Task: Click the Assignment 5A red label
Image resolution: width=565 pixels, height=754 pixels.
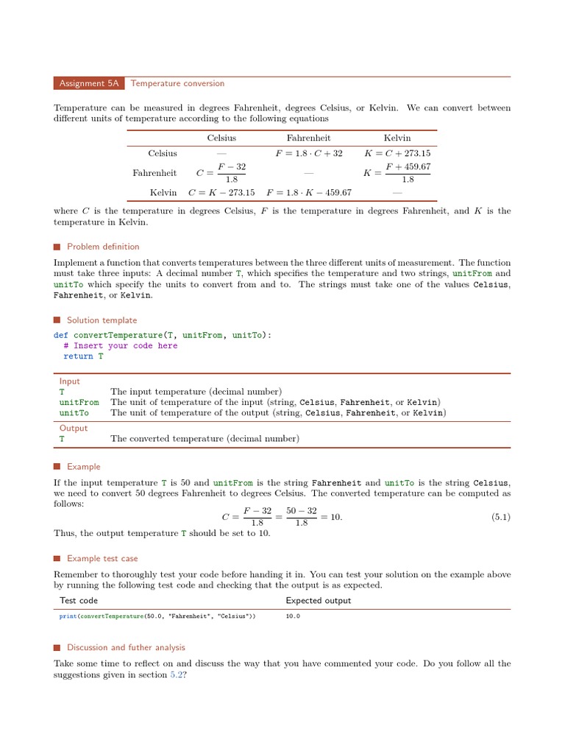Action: point(89,84)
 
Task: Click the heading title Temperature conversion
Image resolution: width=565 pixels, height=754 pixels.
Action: point(177,84)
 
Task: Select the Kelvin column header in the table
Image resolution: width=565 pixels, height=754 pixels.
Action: point(397,138)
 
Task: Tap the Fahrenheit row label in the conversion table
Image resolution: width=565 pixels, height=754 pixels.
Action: point(154,173)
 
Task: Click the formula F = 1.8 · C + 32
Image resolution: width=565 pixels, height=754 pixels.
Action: point(309,154)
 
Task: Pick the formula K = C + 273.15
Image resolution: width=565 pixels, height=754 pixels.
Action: point(397,154)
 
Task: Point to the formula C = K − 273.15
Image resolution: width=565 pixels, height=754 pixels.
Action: point(221,192)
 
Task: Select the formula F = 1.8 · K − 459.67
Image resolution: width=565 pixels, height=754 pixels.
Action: point(309,192)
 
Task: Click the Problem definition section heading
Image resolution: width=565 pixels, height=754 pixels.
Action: point(102,247)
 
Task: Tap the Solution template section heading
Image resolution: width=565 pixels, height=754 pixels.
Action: point(102,320)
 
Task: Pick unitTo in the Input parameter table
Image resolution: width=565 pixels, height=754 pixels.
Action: point(74,413)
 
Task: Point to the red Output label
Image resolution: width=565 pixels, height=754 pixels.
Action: point(73,429)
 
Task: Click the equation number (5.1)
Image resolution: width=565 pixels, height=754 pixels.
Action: point(500,518)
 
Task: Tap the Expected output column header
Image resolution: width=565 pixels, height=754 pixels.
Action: point(318,601)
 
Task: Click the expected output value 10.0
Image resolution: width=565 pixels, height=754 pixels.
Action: point(293,616)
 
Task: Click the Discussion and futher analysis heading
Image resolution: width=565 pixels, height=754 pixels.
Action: point(126,648)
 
